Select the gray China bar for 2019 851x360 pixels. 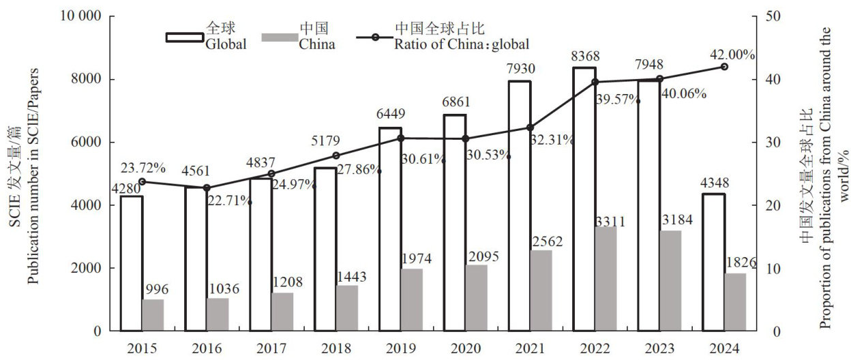[x=412, y=300]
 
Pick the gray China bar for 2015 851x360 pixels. [x=153, y=315]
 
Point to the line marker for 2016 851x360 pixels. [x=207, y=187]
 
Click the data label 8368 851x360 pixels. [x=584, y=55]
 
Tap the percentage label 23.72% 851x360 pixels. [x=143, y=168]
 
